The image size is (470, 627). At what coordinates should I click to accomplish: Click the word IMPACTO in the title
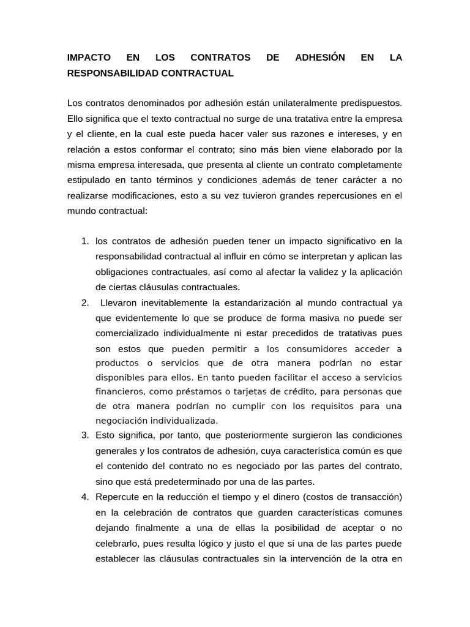coord(89,58)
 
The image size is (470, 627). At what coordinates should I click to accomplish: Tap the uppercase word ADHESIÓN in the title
coord(319,58)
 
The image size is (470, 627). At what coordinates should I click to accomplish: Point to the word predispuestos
coord(374,102)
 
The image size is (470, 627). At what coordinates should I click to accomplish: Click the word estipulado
coord(88,181)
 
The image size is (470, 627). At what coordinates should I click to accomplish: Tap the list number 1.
coord(84,241)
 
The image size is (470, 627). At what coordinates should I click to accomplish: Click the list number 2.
coord(84,302)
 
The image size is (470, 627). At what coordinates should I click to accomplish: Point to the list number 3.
coord(84,435)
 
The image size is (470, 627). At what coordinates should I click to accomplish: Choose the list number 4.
coord(84,496)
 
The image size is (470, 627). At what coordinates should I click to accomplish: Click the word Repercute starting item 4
coord(118,496)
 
